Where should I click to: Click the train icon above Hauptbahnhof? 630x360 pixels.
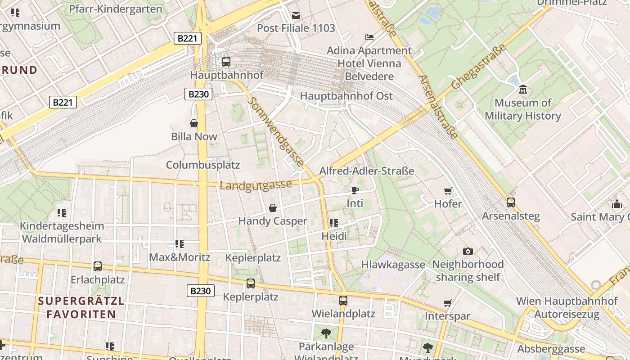(226, 62)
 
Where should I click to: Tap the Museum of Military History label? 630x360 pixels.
(522, 109)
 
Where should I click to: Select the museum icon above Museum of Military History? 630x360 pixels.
(522, 90)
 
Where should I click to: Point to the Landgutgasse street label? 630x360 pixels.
(256, 185)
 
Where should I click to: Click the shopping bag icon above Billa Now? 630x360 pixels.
(194, 123)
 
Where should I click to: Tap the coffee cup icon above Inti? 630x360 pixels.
(355, 190)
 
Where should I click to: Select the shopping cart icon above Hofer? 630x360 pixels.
(448, 191)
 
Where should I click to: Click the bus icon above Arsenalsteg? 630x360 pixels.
(510, 202)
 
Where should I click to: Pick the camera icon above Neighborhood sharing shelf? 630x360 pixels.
(468, 251)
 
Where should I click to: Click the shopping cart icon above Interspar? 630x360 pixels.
(447, 303)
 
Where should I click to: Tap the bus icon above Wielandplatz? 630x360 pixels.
(343, 300)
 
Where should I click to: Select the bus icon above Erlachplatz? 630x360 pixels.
(97, 266)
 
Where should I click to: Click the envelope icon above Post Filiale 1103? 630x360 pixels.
(296, 15)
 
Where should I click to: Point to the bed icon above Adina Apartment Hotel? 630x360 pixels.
(369, 37)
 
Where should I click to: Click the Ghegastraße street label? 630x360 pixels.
(479, 67)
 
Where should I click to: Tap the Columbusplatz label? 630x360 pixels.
(203, 165)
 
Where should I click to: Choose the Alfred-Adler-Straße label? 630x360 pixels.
(366, 171)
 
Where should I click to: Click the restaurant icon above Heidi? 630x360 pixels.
(333, 223)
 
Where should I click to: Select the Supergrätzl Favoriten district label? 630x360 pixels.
(81, 307)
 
